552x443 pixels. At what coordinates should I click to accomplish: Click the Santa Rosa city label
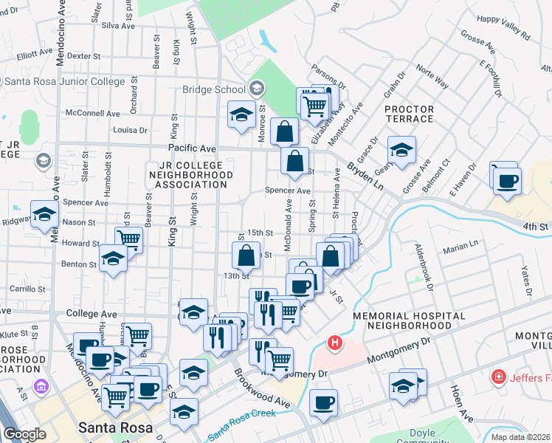coord(116,427)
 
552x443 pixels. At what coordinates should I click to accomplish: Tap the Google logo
coord(24,434)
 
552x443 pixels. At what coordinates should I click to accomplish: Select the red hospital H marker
coord(335,343)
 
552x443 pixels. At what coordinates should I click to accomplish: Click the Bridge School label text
coord(214,89)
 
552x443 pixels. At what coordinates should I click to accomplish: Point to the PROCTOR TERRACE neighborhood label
coord(409,114)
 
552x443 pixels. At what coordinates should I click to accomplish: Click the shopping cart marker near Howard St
coord(128,239)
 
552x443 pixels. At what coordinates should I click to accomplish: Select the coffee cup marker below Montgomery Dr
coord(323,403)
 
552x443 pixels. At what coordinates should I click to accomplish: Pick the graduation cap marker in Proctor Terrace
coord(401,150)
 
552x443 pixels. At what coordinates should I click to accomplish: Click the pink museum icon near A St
coord(40,386)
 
